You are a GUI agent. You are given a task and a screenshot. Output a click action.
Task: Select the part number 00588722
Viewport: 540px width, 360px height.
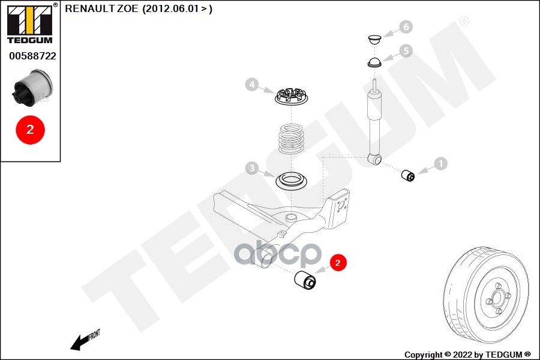tap(32, 56)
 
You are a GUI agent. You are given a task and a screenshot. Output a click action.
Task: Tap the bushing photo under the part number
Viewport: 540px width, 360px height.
tap(33, 88)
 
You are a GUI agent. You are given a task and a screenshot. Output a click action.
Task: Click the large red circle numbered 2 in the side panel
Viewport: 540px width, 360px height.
tap(30, 128)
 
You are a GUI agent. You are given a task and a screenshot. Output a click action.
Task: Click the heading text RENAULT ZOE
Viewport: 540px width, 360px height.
tap(101, 9)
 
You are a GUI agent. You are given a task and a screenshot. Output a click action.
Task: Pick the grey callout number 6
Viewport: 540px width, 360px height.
tap(406, 26)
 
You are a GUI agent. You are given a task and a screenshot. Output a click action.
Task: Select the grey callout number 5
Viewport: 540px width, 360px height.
tap(406, 50)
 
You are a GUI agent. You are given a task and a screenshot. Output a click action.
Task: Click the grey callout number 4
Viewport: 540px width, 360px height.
tap(252, 85)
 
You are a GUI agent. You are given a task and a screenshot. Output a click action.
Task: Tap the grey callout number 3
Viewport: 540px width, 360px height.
tap(252, 169)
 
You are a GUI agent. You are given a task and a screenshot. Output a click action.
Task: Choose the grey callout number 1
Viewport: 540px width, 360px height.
tap(440, 163)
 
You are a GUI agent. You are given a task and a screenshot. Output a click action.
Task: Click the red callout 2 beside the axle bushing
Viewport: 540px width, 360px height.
tap(338, 262)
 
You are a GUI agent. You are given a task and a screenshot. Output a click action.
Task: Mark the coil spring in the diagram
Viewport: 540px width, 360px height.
tap(292, 139)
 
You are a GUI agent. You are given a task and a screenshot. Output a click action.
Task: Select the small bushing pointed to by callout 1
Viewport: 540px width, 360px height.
tap(409, 175)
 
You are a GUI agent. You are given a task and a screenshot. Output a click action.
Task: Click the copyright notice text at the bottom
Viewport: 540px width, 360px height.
tap(467, 355)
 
